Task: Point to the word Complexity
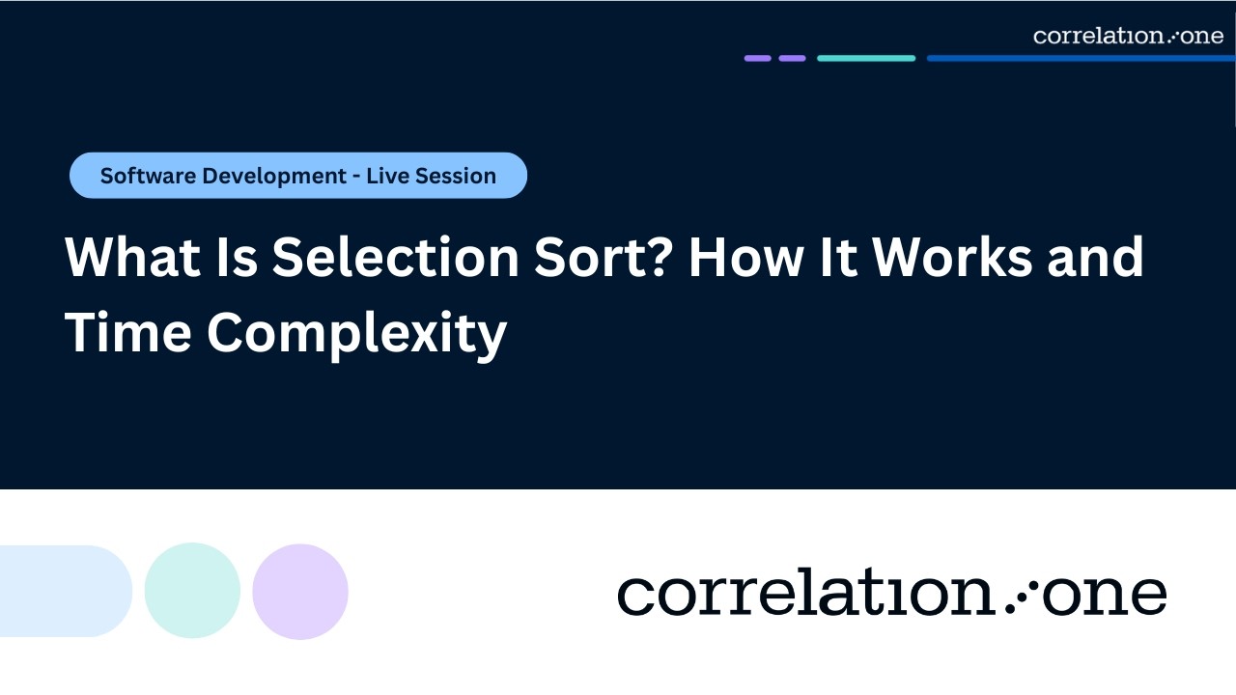coord(356,333)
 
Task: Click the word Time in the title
coord(126,333)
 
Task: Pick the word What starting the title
coord(130,258)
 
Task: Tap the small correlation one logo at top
coord(1128,36)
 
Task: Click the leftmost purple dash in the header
coord(757,58)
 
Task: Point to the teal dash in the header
coord(866,58)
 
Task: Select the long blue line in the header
coord(1081,58)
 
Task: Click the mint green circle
coord(192,591)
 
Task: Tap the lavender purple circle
coord(300,591)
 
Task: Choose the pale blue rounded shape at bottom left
coord(64,591)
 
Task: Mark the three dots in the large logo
coord(1019,597)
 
